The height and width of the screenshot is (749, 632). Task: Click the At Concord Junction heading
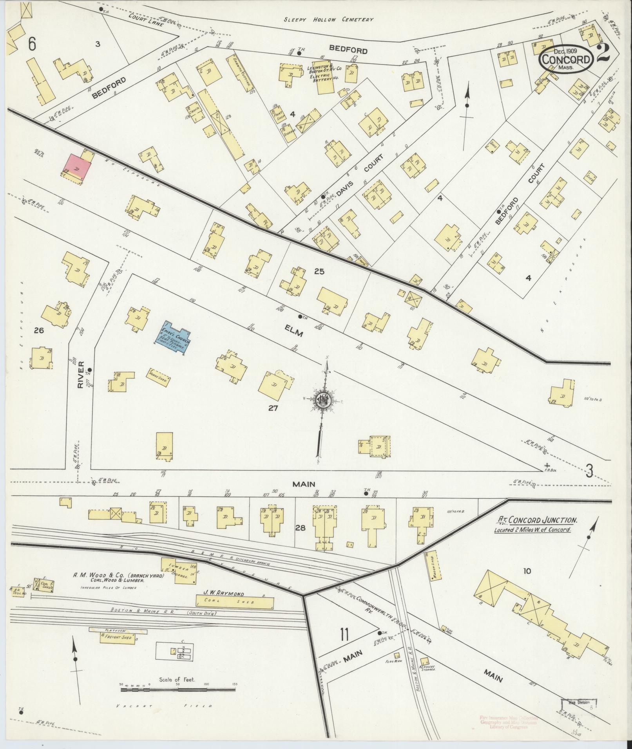537,520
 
